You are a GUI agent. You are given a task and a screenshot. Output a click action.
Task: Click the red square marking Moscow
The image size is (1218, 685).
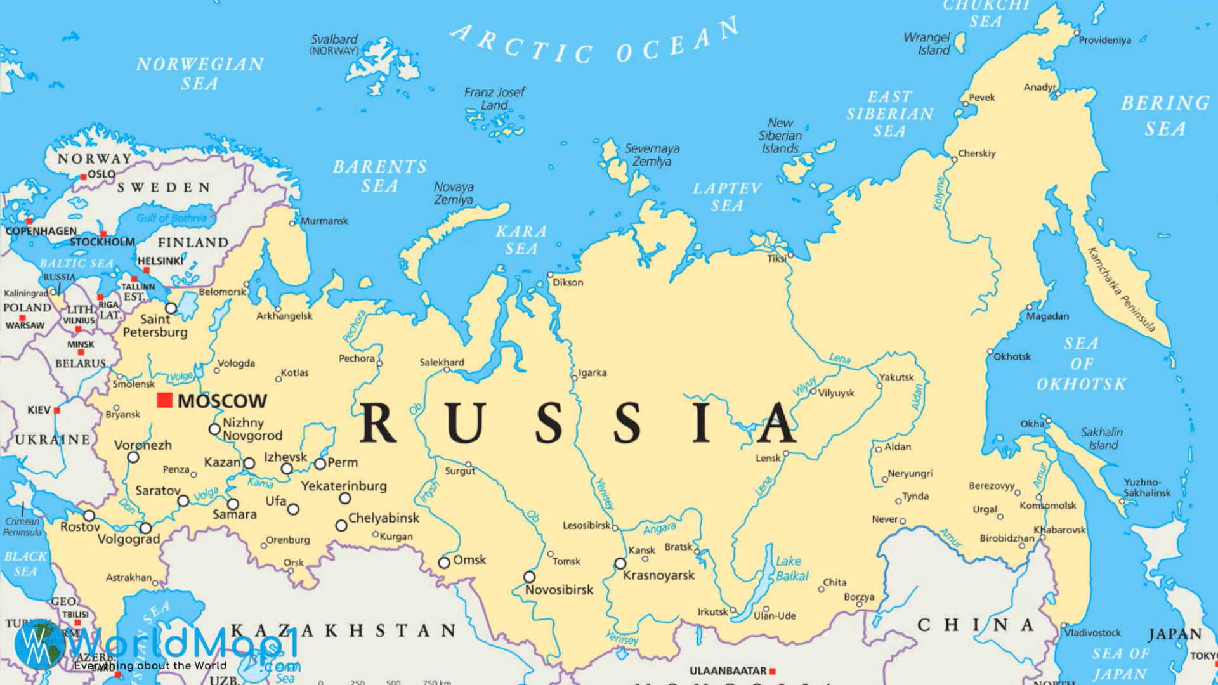pyautogui.click(x=165, y=400)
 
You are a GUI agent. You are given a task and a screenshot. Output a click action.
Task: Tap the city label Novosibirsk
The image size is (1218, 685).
pyautogui.click(x=559, y=590)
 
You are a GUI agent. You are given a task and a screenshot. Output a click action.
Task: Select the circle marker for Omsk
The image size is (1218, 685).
pyautogui.click(x=444, y=562)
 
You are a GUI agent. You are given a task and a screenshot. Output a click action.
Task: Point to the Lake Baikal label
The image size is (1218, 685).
pyautogui.click(x=792, y=568)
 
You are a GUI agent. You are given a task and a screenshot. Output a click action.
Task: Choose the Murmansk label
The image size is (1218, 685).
pyautogui.click(x=324, y=221)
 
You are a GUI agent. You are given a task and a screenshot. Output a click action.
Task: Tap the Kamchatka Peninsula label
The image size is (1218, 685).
pyautogui.click(x=1121, y=289)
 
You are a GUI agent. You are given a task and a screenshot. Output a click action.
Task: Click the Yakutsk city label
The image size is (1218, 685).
pyautogui.click(x=896, y=377)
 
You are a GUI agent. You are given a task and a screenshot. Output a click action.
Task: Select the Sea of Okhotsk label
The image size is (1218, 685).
pyautogui.click(x=1082, y=363)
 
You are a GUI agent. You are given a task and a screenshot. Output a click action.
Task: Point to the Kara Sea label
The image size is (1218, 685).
pyautogui.click(x=521, y=240)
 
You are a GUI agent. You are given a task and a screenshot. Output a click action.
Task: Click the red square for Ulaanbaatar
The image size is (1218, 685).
pyautogui.click(x=773, y=670)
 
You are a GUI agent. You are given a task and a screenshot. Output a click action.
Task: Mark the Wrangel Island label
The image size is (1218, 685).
pyautogui.click(x=927, y=44)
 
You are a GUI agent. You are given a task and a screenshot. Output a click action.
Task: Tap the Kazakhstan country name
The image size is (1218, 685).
pyautogui.click(x=343, y=630)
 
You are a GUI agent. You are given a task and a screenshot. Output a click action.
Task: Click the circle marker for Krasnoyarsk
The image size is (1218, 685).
pyautogui.click(x=620, y=563)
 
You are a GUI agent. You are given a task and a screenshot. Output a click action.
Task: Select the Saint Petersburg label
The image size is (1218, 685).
pyautogui.click(x=155, y=325)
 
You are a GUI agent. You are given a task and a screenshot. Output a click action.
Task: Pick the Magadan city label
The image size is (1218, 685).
pyautogui.click(x=1047, y=316)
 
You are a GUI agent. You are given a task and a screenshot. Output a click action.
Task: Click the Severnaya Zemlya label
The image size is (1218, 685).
pyautogui.click(x=652, y=155)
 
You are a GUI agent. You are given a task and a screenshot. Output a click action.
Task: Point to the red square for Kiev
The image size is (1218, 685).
pyautogui.click(x=56, y=410)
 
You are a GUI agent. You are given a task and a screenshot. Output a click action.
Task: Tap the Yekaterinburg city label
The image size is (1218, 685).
pyautogui.click(x=343, y=486)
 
